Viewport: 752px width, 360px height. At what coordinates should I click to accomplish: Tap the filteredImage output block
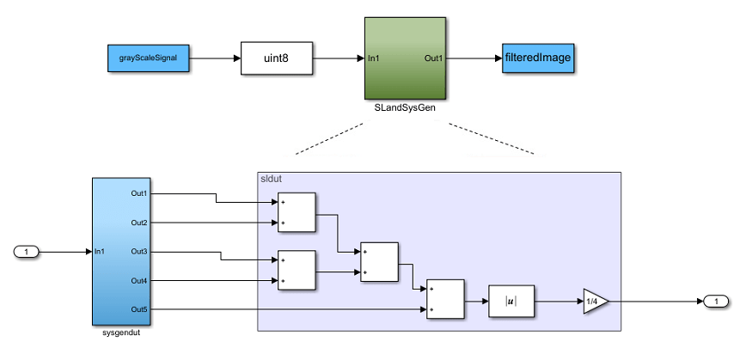pos(538,58)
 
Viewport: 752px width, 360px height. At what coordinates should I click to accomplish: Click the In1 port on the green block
pos(375,58)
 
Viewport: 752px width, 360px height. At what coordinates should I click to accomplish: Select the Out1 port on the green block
pos(434,58)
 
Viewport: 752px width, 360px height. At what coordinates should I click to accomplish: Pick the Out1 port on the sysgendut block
pos(139,193)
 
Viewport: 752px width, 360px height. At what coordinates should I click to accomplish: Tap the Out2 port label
pos(139,223)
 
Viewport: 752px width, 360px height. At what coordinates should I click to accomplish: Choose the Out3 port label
pos(139,251)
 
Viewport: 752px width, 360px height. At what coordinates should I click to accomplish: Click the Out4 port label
pos(139,280)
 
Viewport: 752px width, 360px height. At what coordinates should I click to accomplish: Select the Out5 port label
pos(139,309)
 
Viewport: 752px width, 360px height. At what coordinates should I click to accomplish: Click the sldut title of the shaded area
pos(272,179)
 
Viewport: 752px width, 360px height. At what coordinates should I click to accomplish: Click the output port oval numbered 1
pos(715,302)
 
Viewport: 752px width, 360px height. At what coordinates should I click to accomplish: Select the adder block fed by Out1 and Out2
pos(297,212)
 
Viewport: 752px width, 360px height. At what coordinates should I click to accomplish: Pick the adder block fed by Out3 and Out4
pos(297,271)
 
